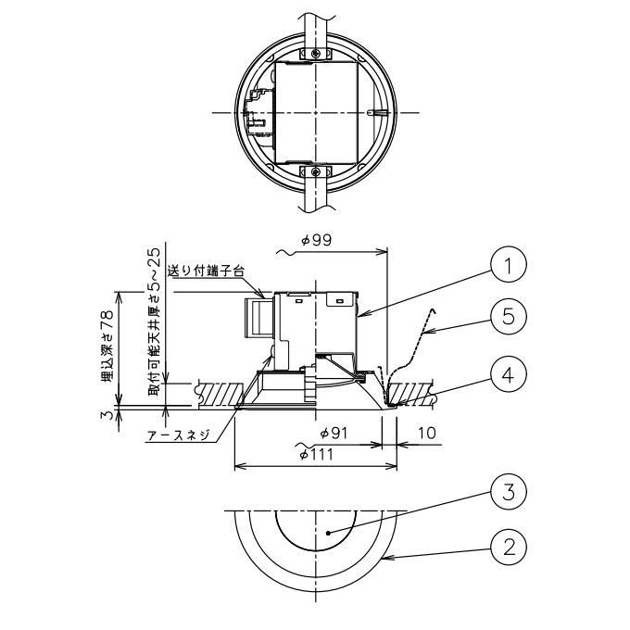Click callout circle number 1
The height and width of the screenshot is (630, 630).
(x=509, y=264)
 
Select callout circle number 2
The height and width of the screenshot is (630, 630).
(x=509, y=547)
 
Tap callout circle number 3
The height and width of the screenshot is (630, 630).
(x=509, y=492)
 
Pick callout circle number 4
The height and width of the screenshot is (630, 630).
(x=509, y=374)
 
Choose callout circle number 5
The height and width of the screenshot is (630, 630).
(x=509, y=316)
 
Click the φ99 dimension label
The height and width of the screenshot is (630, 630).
(x=317, y=240)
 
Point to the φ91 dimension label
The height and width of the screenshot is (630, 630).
(x=334, y=434)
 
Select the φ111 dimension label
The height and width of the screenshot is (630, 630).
(x=317, y=454)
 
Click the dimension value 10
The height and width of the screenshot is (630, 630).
(x=427, y=434)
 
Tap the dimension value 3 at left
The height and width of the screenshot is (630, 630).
(x=106, y=415)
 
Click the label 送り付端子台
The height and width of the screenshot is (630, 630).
(x=206, y=271)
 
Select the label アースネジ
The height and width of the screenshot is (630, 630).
(x=179, y=435)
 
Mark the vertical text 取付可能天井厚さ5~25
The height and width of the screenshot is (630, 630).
(x=155, y=321)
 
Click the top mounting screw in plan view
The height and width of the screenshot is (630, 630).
(x=317, y=53)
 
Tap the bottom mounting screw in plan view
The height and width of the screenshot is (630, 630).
(x=317, y=172)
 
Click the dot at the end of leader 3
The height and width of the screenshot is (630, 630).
(x=329, y=533)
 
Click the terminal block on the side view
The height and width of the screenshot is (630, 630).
(x=258, y=318)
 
